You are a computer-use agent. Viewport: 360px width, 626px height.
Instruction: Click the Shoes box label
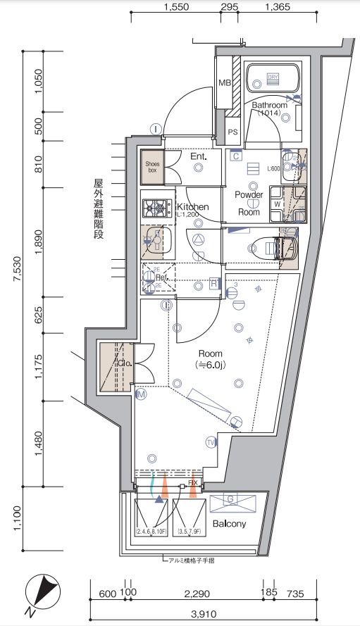tap(152, 165)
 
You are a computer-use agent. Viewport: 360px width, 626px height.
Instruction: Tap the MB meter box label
tap(225, 83)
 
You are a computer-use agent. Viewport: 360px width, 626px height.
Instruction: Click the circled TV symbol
tap(210, 442)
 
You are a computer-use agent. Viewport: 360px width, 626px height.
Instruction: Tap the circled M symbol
tap(141, 395)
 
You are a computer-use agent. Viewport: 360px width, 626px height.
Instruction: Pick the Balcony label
tap(230, 525)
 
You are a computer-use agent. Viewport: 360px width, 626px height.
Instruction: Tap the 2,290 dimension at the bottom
tap(199, 593)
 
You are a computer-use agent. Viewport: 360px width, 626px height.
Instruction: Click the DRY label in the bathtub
tap(273, 78)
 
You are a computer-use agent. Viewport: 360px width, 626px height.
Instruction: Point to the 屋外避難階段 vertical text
tap(98, 209)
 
